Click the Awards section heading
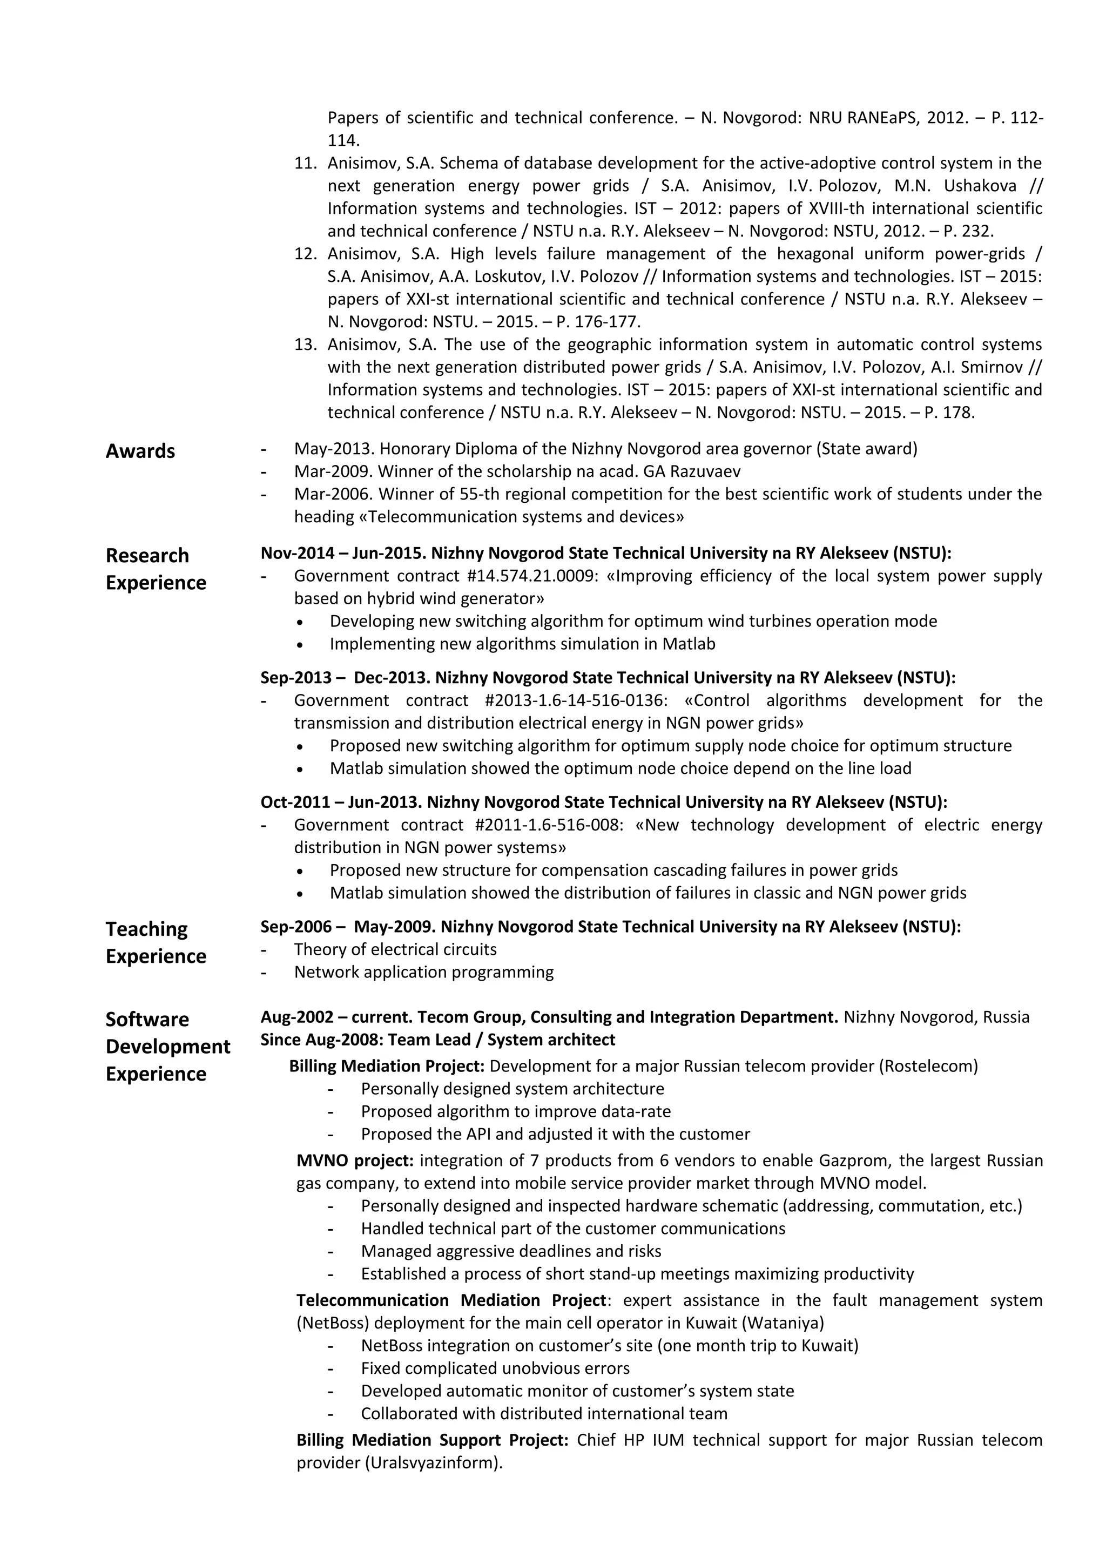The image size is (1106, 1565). coord(140,451)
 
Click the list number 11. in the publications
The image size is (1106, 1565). coord(306,163)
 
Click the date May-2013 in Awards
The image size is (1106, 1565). coord(333,449)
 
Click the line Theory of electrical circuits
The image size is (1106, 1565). coord(395,949)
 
